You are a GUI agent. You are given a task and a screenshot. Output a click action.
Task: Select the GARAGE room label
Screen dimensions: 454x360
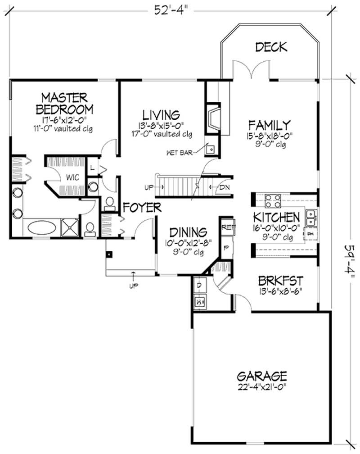click(261, 376)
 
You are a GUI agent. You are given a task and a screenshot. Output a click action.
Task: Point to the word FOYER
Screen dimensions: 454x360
click(142, 208)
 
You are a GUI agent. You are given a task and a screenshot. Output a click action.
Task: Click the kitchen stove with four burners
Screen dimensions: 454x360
click(272, 199)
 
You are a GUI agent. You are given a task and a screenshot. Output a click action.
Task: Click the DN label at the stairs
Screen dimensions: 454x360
click(225, 186)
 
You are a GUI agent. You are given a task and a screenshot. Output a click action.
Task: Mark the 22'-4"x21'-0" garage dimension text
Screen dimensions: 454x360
click(261, 386)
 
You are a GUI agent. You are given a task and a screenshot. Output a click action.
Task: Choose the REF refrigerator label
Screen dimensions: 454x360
click(226, 227)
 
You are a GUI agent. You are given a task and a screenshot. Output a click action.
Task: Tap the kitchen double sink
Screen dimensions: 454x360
click(311, 218)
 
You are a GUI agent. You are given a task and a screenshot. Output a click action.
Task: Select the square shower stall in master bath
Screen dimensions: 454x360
click(69, 227)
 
